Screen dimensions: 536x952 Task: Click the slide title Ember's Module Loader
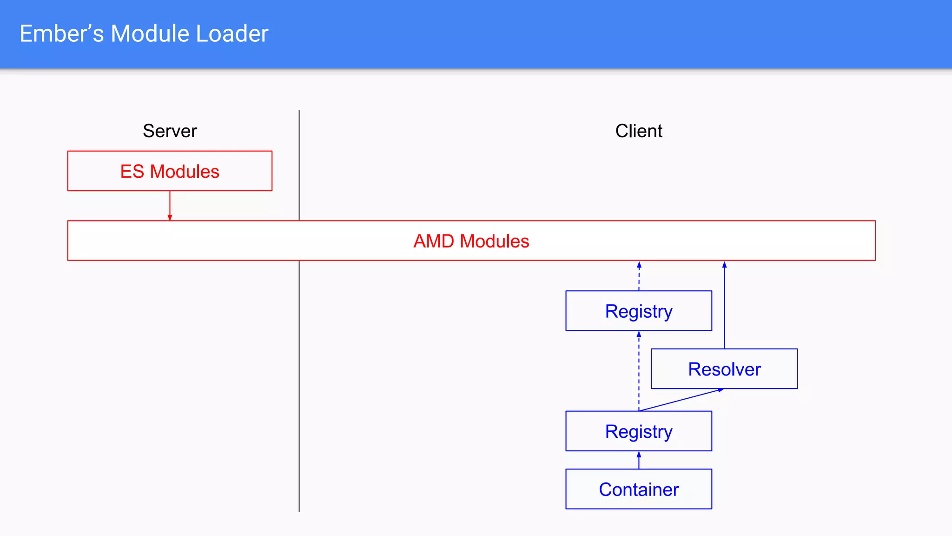144,34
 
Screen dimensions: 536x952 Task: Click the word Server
170,131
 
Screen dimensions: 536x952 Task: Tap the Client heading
638,131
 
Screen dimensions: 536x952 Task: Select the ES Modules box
170,171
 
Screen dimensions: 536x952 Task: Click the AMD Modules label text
471,241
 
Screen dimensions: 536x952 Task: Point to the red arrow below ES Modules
170,205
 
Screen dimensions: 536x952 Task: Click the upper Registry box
638,311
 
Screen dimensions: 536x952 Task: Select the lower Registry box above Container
638,431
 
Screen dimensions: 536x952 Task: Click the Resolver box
724,369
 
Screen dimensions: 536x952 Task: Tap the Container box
638,489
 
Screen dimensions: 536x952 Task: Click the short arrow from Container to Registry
639,460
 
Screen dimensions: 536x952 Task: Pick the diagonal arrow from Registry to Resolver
681,400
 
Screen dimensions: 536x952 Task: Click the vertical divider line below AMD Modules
299,386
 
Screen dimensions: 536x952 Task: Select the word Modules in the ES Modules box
184,171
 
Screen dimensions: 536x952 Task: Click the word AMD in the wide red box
434,241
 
